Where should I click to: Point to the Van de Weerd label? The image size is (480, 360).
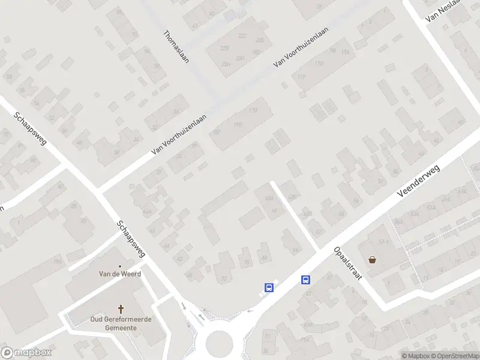point(119,274)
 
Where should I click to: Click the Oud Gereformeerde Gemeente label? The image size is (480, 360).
point(120,323)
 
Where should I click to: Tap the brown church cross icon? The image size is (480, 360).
point(121,310)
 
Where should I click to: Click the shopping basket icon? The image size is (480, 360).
point(373,260)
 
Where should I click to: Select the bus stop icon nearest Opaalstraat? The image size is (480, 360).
point(306,279)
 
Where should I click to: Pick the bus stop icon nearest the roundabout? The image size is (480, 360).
point(269,287)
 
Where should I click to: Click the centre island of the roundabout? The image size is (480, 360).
point(218,345)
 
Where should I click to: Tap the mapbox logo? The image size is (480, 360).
point(26,353)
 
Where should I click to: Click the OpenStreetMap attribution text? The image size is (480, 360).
point(453,356)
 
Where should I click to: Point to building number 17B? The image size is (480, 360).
point(253,110)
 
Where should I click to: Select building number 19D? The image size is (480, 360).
point(238,125)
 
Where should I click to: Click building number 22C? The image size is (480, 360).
point(242,36)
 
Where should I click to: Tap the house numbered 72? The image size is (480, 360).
point(224,279)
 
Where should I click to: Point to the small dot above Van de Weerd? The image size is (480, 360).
point(119,266)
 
